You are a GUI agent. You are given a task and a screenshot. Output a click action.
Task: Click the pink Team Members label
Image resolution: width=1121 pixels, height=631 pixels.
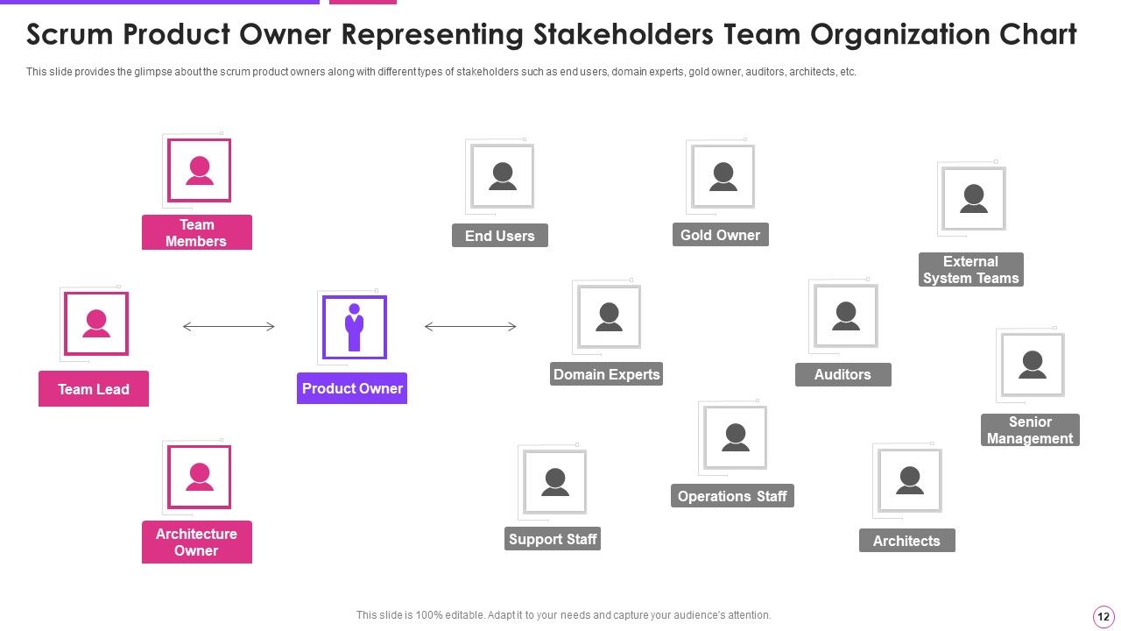pos(197,232)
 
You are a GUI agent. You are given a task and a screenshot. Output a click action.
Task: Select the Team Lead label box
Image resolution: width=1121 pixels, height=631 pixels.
pos(94,388)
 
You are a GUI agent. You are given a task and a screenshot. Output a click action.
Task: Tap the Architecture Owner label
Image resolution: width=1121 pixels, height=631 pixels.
pos(197,542)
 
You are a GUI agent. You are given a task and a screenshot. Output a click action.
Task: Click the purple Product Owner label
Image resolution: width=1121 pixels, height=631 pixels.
pos(352,388)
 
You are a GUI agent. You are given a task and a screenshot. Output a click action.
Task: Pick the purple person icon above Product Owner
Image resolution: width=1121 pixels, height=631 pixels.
pos(355,327)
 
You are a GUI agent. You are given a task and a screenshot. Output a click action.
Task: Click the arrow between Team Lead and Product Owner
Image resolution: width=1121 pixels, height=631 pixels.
pos(229,327)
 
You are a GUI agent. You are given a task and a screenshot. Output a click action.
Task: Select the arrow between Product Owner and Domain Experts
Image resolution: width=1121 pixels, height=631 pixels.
pos(470,327)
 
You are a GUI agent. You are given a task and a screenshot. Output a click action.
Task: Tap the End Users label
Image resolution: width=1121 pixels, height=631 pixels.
pos(500,236)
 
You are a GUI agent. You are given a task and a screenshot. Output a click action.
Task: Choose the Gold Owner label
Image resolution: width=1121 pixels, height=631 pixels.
pos(721,234)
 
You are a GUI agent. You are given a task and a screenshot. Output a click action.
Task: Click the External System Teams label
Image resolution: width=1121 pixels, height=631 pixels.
pos(971,269)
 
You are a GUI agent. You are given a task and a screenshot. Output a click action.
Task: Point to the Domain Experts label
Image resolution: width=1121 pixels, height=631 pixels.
pos(607,374)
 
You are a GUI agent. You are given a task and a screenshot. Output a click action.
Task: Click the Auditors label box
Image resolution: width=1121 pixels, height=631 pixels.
pos(843,374)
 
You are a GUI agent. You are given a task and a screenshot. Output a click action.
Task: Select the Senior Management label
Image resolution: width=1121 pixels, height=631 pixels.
pos(1030,429)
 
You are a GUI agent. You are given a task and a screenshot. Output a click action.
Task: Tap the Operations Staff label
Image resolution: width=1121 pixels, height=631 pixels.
pos(732,496)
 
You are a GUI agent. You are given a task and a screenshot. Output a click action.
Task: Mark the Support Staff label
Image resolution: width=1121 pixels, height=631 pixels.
pos(553,539)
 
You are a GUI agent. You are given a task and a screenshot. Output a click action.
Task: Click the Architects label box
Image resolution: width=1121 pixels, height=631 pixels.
pos(906,541)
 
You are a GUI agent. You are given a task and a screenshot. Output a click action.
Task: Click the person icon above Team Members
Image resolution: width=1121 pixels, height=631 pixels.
pos(199,170)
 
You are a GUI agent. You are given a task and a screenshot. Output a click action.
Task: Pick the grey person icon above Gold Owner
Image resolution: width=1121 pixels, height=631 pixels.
pos(723,176)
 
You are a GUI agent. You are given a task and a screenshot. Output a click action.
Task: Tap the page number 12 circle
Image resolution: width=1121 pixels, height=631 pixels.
pos(1103,616)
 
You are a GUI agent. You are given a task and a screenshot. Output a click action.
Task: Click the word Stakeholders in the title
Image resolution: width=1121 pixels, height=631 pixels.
pos(623,34)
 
